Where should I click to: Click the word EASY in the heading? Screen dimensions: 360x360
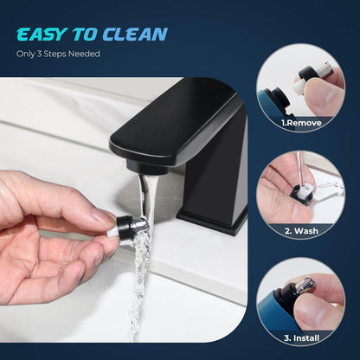pyautogui.click(x=42, y=35)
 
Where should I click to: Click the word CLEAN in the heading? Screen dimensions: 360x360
pyautogui.click(x=135, y=35)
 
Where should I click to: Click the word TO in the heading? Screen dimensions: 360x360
pyautogui.click(x=85, y=35)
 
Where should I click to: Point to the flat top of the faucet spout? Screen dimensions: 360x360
pyautogui.click(x=177, y=121)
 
